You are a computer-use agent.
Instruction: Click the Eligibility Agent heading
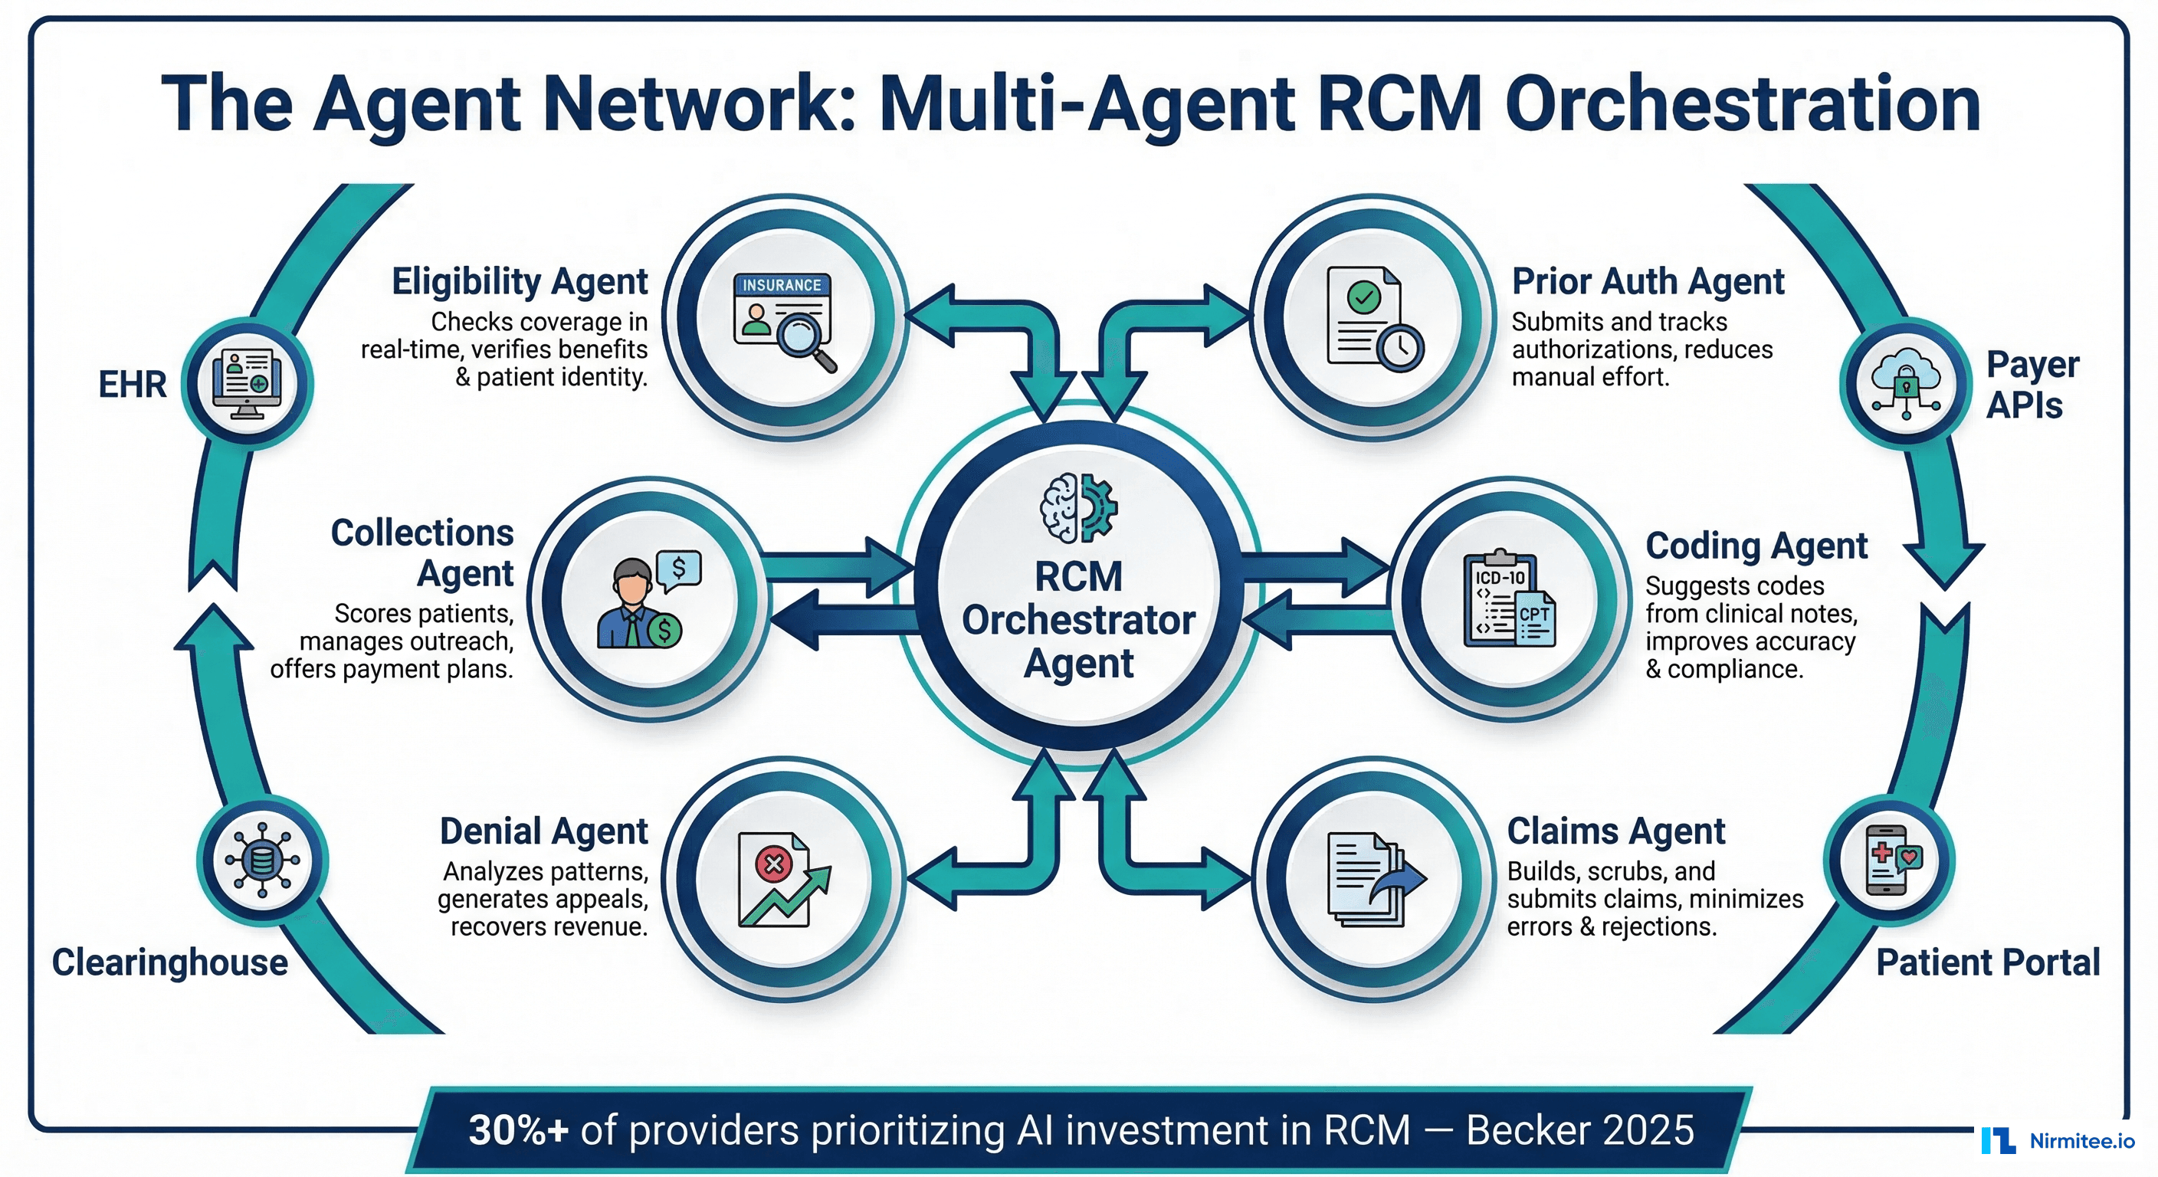[520, 281]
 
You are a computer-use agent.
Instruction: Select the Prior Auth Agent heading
[1647, 281]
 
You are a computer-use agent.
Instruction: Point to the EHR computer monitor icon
[247, 384]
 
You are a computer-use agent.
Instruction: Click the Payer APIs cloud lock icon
[1906, 383]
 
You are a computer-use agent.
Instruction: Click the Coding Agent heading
[1756, 546]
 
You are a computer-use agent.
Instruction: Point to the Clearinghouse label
[170, 962]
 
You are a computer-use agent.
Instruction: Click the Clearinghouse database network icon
[262, 861]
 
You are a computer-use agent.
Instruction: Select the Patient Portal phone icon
[1891, 861]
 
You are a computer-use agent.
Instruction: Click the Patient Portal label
[1987, 962]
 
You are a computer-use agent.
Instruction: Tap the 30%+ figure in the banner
[518, 1130]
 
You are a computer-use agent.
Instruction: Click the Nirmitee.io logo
[2058, 1141]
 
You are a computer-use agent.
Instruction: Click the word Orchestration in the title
[1743, 105]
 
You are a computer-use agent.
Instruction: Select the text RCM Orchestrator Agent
[1078, 620]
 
